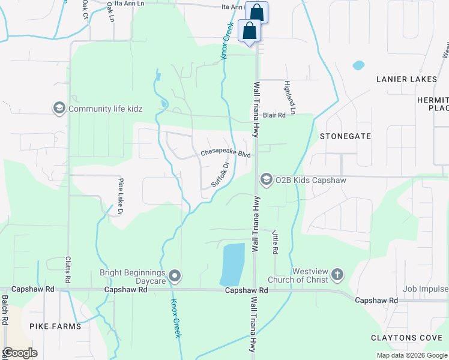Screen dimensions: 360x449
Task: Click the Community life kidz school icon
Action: [x=59, y=109]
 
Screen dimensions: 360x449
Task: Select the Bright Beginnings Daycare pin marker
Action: [x=175, y=277]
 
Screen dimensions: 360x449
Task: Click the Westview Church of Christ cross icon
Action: [x=337, y=275]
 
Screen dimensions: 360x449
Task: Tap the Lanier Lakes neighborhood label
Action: [x=406, y=79]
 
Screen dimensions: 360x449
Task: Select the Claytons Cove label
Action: [x=407, y=338]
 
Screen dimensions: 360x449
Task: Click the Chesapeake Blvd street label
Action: [x=225, y=153]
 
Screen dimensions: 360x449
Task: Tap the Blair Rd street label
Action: [x=274, y=115]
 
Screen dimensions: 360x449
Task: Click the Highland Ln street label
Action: [x=290, y=98]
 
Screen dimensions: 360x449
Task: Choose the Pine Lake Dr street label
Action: [x=120, y=197]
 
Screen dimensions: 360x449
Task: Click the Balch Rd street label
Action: [x=5, y=310]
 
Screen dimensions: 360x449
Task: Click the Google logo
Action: [x=20, y=353]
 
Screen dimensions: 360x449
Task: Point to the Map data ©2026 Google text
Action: [x=411, y=355]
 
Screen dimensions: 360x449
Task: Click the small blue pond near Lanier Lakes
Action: [x=358, y=65]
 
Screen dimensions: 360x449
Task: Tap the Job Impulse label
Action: [x=426, y=289]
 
